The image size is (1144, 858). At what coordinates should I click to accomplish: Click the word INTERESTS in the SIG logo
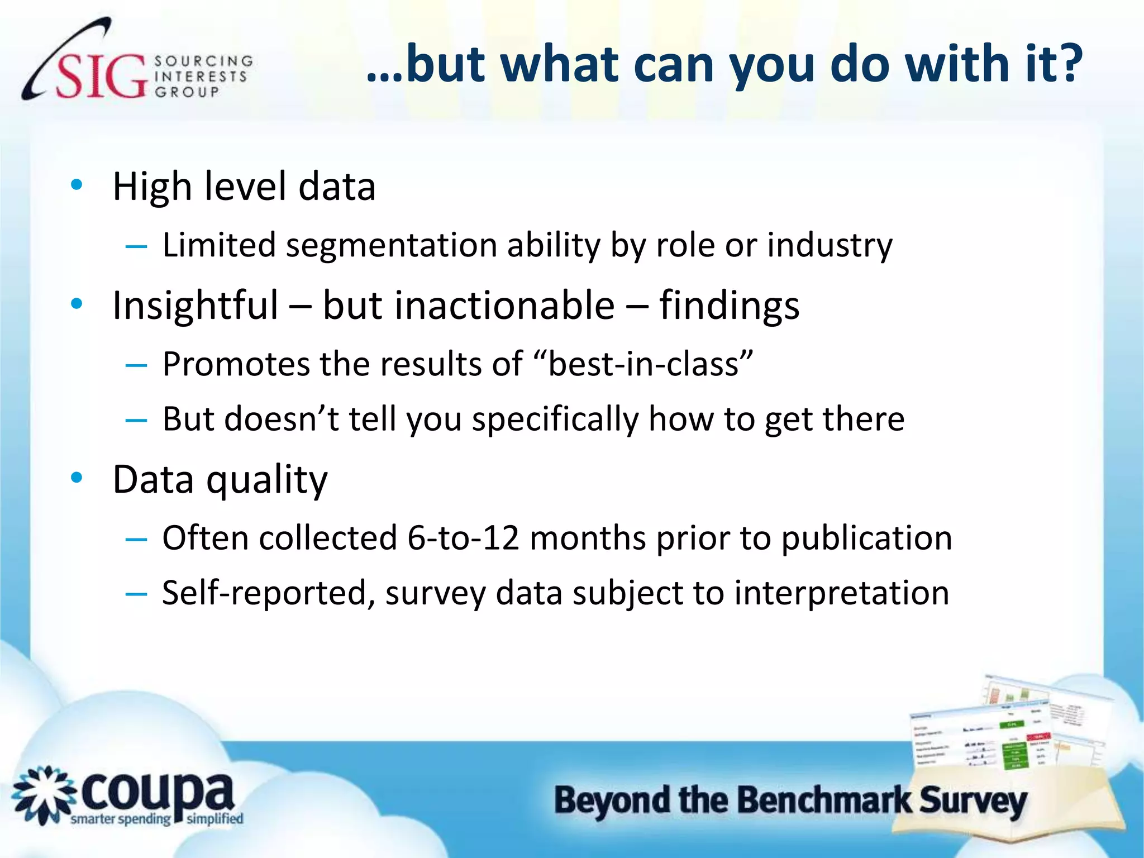point(201,77)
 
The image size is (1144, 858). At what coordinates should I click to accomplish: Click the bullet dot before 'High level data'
point(77,185)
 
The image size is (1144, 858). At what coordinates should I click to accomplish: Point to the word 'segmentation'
point(391,245)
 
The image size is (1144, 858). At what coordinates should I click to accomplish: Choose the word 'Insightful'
point(195,306)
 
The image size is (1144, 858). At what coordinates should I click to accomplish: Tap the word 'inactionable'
point(469,306)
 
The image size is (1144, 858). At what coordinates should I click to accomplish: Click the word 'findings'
point(729,306)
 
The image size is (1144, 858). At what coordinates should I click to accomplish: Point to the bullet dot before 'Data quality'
point(77,478)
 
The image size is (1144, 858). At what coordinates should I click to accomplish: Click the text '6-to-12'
point(463,537)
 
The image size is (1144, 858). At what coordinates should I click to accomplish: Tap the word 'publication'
point(866,537)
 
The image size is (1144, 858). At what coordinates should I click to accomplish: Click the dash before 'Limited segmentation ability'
point(136,246)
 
